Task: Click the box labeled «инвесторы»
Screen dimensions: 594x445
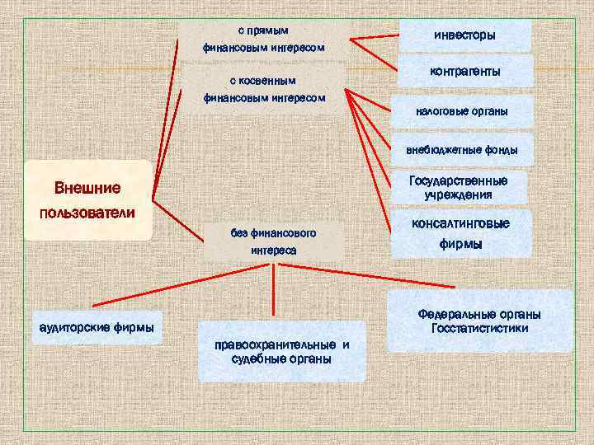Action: pos(464,35)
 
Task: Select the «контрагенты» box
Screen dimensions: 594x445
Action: pos(464,72)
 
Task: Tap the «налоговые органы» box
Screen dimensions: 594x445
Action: pos(461,111)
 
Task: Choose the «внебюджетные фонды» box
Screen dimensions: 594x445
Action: pos(461,149)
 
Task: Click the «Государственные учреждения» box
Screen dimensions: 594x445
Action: pos(458,188)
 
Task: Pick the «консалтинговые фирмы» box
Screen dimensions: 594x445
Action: pos(460,234)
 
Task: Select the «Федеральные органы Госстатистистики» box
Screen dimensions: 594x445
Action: pos(479,321)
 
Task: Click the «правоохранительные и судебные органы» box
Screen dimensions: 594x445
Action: pos(281,352)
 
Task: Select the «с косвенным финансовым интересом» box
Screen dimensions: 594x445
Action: pos(264,89)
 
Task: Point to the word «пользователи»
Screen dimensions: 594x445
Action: pos(87,213)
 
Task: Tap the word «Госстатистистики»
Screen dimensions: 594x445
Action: pos(479,329)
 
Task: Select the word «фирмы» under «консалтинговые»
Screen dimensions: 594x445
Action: pos(460,245)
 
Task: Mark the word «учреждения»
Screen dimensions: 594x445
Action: pos(458,195)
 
